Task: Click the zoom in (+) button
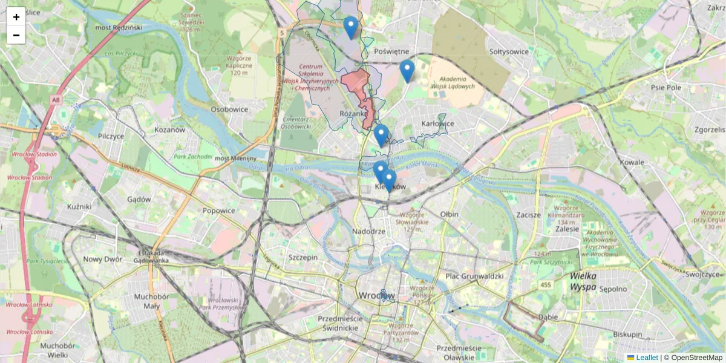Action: tap(16, 17)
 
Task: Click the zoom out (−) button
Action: tap(16, 35)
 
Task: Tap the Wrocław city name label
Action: tap(376, 296)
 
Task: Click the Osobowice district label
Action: tap(229, 110)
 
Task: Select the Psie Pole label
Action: tap(665, 87)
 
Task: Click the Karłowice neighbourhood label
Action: tap(437, 123)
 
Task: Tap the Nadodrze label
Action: tap(368, 232)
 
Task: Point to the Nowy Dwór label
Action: tap(103, 260)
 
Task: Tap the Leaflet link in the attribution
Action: tap(647, 358)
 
